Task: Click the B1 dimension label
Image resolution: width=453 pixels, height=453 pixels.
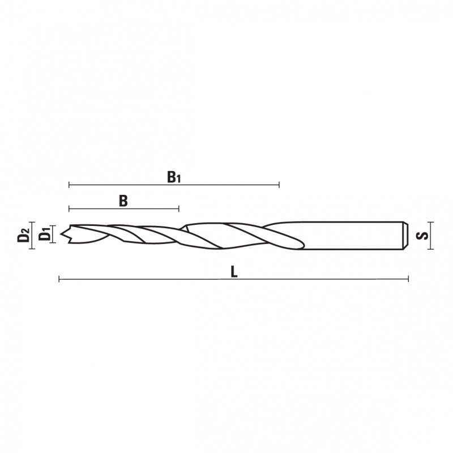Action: click(x=174, y=177)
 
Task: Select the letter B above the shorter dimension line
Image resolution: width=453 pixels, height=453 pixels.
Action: click(x=123, y=201)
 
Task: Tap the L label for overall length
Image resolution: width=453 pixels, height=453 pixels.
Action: click(x=234, y=272)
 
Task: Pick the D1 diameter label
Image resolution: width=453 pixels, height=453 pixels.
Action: click(x=45, y=234)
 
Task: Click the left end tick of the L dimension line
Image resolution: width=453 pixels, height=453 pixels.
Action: click(x=59, y=279)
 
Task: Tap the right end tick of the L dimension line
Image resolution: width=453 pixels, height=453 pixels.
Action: click(x=408, y=279)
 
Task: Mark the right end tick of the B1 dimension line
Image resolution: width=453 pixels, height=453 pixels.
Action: click(x=279, y=185)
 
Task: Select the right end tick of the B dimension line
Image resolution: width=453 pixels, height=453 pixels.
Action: click(x=179, y=208)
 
